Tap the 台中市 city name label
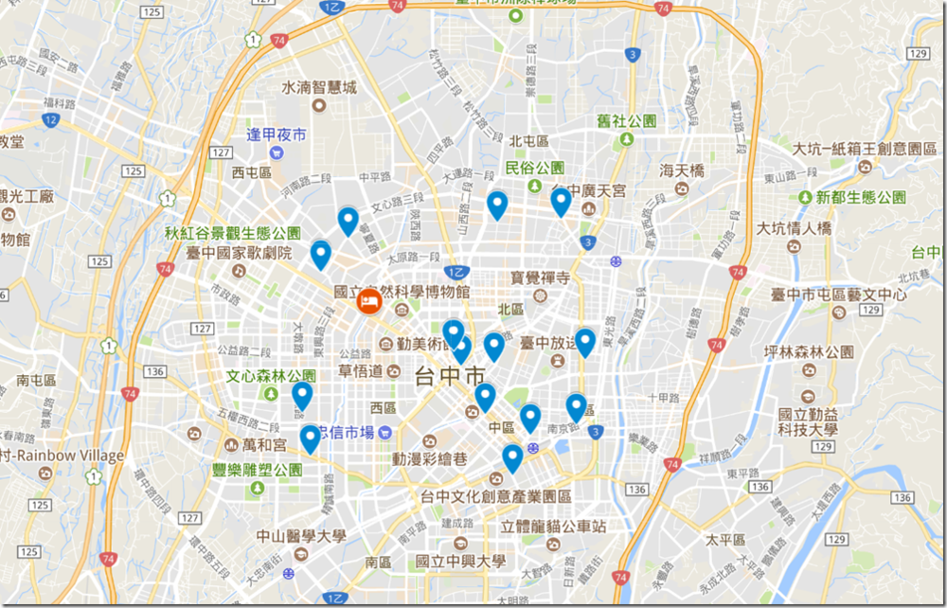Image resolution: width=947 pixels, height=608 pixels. pos(450,375)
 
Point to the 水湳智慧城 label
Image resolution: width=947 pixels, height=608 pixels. pos(319,88)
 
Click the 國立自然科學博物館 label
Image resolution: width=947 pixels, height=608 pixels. pos(402,293)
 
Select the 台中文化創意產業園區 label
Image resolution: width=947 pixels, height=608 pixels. pos(496,496)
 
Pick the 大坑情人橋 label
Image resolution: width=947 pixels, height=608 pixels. pos(794,228)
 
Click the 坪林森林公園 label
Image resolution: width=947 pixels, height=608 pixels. pos(813,352)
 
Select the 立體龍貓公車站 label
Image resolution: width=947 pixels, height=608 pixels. pos(553,527)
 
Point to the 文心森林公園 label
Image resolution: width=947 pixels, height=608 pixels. pos(271,376)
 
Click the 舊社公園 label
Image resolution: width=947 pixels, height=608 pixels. pos(626,121)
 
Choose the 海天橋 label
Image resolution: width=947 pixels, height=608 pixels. pos(683,171)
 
